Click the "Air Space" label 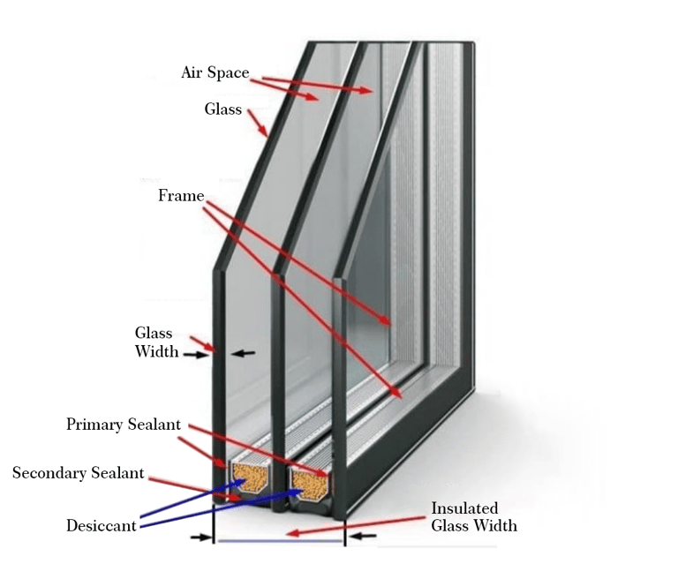[215, 72]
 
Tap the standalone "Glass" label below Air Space [223, 109]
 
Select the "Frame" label [181, 195]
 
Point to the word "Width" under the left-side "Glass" [156, 351]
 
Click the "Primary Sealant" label [124, 425]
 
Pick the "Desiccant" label [102, 526]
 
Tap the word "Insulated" [464, 508]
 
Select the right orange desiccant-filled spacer [310, 481]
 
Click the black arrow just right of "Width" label [194, 354]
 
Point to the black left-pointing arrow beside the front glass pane [243, 353]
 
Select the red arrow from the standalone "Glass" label [258, 123]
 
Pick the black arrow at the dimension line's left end [202, 536]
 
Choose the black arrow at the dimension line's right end [361, 535]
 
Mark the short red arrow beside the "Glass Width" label [202, 342]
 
